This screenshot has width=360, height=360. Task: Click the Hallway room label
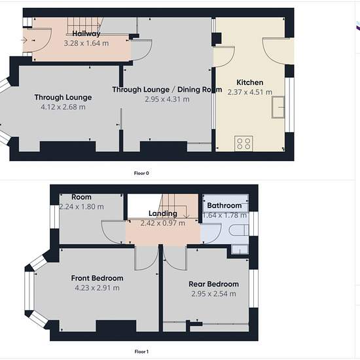click(86, 34)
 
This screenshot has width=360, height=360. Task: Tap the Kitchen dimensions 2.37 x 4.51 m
click(250, 92)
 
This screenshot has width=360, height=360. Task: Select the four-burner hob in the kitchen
click(243, 144)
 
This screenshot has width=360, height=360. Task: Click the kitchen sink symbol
click(278, 107)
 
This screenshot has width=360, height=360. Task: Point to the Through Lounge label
click(63, 98)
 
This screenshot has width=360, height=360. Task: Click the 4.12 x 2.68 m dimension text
click(63, 107)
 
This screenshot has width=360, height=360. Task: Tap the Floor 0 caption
click(141, 173)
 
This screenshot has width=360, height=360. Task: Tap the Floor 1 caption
click(141, 351)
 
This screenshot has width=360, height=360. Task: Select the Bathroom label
click(225, 206)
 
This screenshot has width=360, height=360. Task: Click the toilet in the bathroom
click(239, 230)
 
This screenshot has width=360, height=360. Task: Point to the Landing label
click(163, 213)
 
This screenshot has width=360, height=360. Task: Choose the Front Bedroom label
click(97, 278)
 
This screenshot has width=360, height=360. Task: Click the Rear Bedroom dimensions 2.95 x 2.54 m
click(213, 294)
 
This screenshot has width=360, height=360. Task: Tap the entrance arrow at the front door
click(24, 40)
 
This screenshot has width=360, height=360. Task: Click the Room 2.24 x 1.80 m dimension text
click(82, 207)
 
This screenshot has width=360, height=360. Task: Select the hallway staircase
click(84, 26)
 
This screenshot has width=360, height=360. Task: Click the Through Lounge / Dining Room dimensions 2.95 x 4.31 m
click(167, 99)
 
